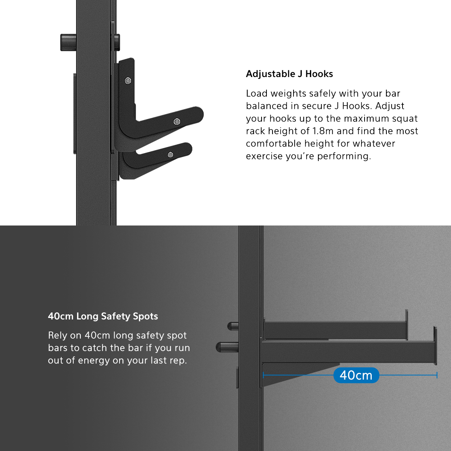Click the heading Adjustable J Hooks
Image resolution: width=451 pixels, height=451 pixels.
point(289,74)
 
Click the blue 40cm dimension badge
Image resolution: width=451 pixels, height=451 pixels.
point(356,375)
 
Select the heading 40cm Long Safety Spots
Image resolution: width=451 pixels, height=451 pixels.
point(103,316)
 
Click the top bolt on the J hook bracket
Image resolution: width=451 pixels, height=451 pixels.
point(128,81)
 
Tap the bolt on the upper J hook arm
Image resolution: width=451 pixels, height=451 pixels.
point(177,122)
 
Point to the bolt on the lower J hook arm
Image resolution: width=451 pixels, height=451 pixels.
point(170,155)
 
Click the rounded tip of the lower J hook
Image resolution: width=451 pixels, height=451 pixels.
point(188,148)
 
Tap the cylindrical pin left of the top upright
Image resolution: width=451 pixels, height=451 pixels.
point(68,42)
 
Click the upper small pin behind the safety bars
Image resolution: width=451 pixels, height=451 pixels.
point(233,326)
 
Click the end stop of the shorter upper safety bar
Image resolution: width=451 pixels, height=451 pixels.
point(407,325)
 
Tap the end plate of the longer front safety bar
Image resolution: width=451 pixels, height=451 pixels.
point(435,345)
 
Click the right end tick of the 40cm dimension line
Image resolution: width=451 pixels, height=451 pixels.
point(437,375)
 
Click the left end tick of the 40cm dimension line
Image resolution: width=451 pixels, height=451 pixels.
point(263,375)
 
